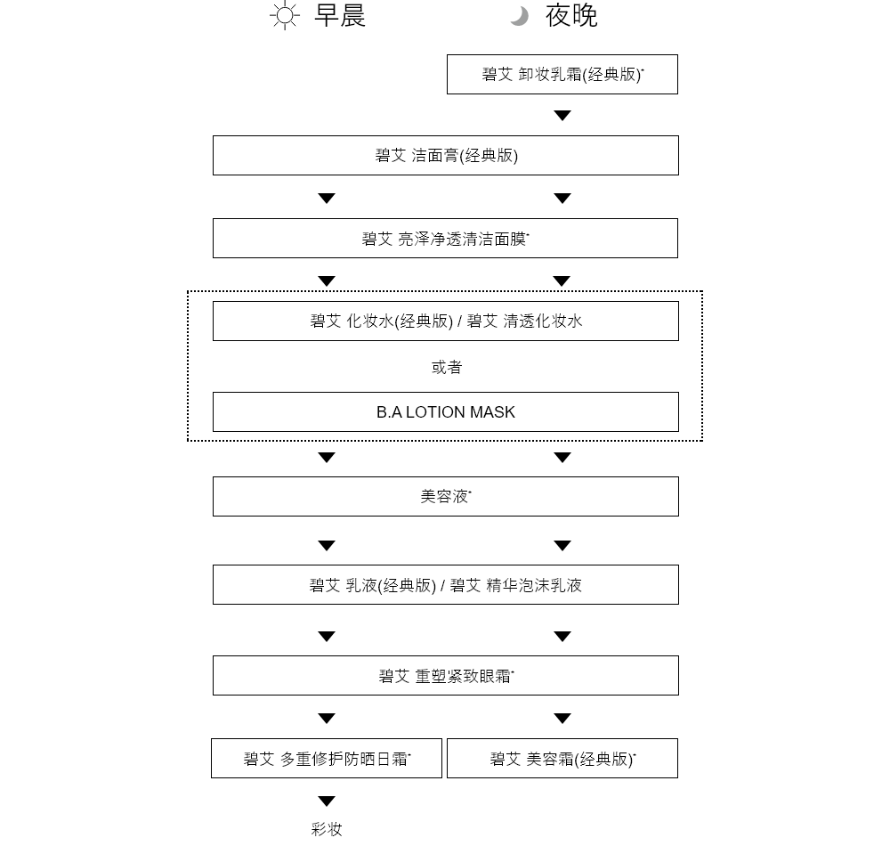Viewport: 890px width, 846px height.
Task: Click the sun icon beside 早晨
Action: (x=285, y=15)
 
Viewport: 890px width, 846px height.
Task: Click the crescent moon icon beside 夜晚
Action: (x=520, y=16)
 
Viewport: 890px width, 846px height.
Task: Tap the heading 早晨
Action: (x=340, y=15)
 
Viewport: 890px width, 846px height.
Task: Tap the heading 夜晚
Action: (x=571, y=15)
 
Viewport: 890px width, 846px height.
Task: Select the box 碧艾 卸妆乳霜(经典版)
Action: (x=562, y=75)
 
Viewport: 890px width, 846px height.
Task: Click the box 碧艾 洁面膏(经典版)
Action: (x=446, y=155)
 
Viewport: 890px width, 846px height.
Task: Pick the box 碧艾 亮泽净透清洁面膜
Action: (x=446, y=239)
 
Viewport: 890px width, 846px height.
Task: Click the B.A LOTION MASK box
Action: (x=446, y=411)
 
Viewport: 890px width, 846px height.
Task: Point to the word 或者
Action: (x=447, y=368)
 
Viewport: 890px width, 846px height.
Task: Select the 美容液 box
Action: (x=446, y=496)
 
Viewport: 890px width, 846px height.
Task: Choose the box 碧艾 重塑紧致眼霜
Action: (x=446, y=676)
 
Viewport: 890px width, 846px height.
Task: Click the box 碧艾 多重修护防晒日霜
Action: (x=327, y=759)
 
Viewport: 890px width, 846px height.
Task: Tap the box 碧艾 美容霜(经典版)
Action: (x=562, y=759)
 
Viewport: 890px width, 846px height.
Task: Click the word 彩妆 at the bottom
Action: (x=327, y=830)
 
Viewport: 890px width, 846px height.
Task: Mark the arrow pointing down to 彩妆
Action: (x=327, y=801)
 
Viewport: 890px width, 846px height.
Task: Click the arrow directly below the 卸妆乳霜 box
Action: (x=562, y=115)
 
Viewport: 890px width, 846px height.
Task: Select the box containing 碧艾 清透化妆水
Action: (x=446, y=321)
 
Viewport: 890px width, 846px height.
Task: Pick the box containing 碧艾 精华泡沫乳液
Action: (x=446, y=585)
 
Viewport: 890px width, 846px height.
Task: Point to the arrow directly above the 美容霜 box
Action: (x=562, y=719)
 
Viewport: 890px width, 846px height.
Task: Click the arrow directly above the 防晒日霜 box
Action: (x=327, y=719)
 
